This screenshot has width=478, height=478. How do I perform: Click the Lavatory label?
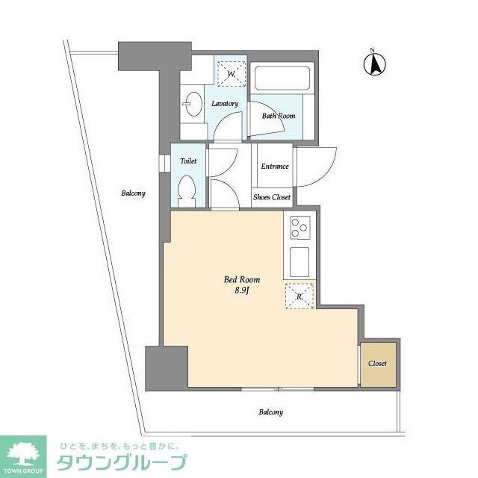click(224, 104)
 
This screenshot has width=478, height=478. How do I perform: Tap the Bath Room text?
click(278, 116)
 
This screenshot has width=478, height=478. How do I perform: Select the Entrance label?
click(274, 166)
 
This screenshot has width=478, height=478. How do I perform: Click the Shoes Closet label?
click(270, 197)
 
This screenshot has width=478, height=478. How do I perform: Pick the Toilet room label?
click(187, 160)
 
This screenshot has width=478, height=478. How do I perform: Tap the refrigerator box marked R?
click(299, 296)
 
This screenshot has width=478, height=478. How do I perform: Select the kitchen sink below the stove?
click(299, 261)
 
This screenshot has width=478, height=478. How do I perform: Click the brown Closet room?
click(377, 364)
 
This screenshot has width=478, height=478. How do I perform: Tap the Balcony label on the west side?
click(133, 193)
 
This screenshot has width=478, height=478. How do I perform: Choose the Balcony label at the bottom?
click(270, 412)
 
